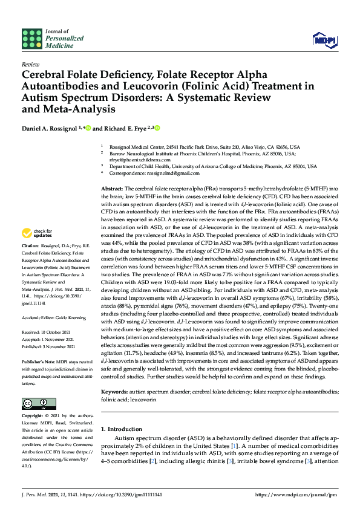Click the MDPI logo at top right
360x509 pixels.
(x=325, y=40)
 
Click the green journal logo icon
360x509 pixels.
(x=31, y=39)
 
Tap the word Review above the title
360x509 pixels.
(x=30, y=63)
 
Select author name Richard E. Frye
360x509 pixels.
(x=125, y=128)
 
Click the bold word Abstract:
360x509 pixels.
(x=111, y=189)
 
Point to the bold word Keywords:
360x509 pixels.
(x=114, y=375)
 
